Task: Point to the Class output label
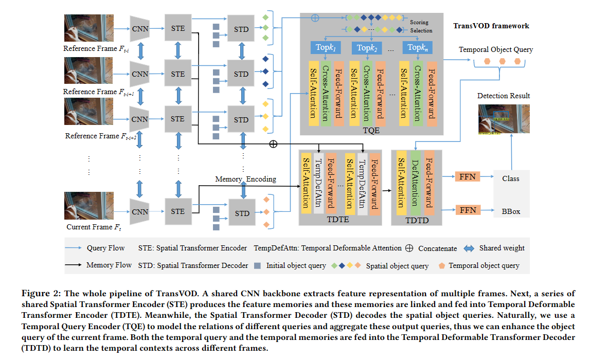click(x=511, y=178)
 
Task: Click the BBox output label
click(x=511, y=211)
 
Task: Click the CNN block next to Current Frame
click(x=139, y=211)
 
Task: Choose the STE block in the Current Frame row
click(x=177, y=211)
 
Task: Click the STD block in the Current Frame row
click(x=241, y=213)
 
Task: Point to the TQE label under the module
click(x=371, y=131)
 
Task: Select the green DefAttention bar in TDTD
click(x=415, y=183)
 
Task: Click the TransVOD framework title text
click(x=491, y=26)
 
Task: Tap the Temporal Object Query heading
click(x=496, y=50)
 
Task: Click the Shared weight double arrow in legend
click(x=468, y=248)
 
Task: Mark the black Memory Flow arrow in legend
click(x=73, y=265)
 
